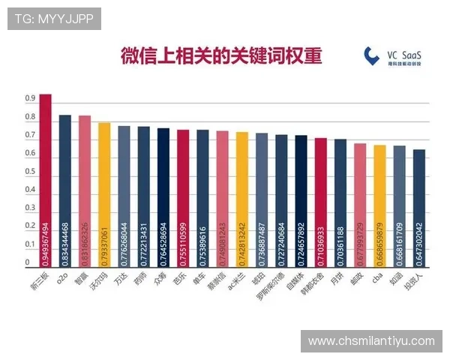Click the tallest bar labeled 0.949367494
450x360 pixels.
click(x=45, y=180)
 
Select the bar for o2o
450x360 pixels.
click(x=65, y=191)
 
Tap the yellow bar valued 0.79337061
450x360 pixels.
click(x=104, y=195)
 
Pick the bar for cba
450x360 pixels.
click(x=380, y=206)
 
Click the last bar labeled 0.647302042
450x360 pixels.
click(x=419, y=208)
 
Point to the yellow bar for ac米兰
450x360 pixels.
click(x=242, y=199)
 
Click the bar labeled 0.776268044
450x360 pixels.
click(x=124, y=196)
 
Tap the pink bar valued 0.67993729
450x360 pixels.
click(x=360, y=205)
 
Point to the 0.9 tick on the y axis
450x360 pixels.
click(x=31, y=99)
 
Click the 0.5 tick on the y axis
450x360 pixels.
click(x=31, y=172)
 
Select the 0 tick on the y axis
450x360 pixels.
click(x=28, y=262)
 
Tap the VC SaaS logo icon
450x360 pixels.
click(x=372, y=55)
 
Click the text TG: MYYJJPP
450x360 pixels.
click(x=54, y=18)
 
